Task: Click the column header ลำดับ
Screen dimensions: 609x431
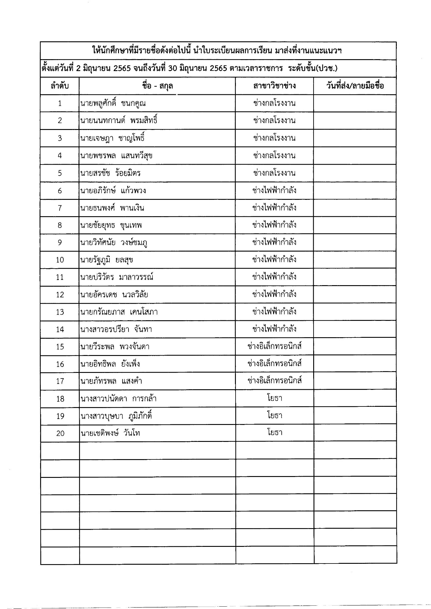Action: (60, 86)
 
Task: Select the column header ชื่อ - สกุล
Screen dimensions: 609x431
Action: (157, 86)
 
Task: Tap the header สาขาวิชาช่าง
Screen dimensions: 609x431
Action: (274, 86)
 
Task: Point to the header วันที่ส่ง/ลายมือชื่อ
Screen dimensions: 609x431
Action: (355, 86)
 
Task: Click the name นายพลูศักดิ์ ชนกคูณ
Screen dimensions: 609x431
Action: (113, 103)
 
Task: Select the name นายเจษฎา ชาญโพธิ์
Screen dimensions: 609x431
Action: (113, 138)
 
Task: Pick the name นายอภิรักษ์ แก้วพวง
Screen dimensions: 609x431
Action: (113, 191)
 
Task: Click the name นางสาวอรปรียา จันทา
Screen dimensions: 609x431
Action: (116, 329)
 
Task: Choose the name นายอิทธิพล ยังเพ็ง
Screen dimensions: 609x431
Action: (110, 364)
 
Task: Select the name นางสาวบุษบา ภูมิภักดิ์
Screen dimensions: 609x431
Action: (116, 416)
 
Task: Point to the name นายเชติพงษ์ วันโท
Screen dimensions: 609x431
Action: (110, 433)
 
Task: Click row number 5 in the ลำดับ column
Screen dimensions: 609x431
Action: (60, 173)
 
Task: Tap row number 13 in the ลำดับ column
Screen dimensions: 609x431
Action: (60, 312)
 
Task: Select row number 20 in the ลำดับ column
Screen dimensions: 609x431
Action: (60, 433)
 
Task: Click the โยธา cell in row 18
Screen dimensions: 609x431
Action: (274, 398)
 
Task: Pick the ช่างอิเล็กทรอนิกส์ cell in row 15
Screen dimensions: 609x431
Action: (274, 346)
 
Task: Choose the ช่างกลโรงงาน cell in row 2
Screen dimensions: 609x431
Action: (274, 121)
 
